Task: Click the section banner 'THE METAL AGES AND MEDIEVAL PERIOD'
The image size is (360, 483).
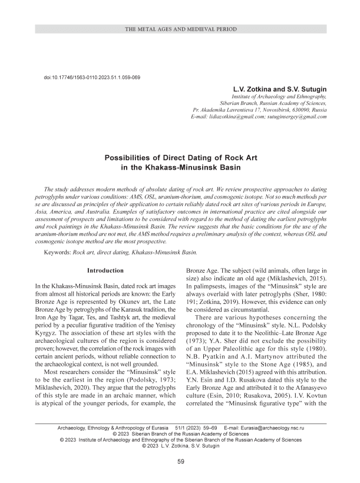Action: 180,28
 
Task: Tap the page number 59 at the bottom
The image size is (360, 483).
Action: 181,460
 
